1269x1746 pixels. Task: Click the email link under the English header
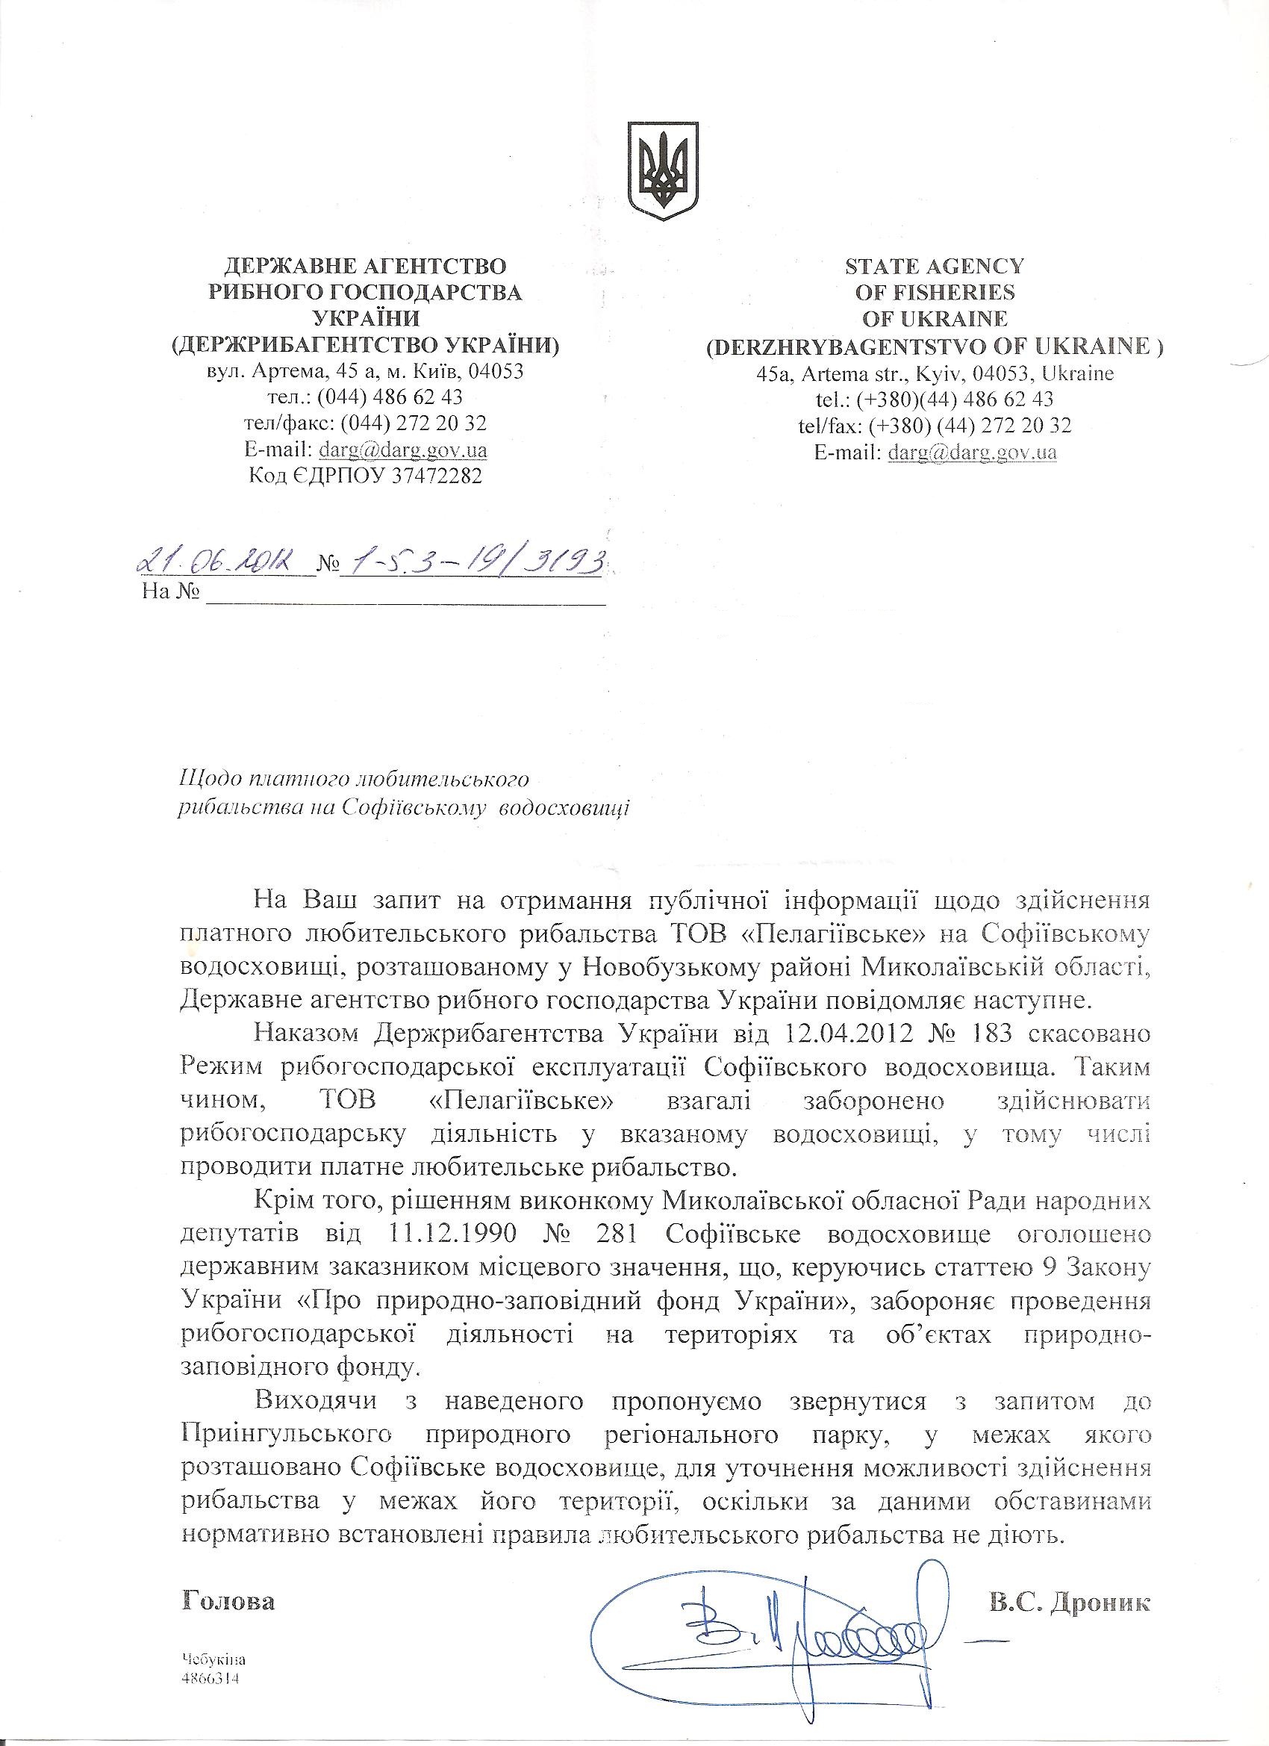[x=972, y=452]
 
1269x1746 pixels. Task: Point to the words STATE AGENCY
[x=935, y=267]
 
